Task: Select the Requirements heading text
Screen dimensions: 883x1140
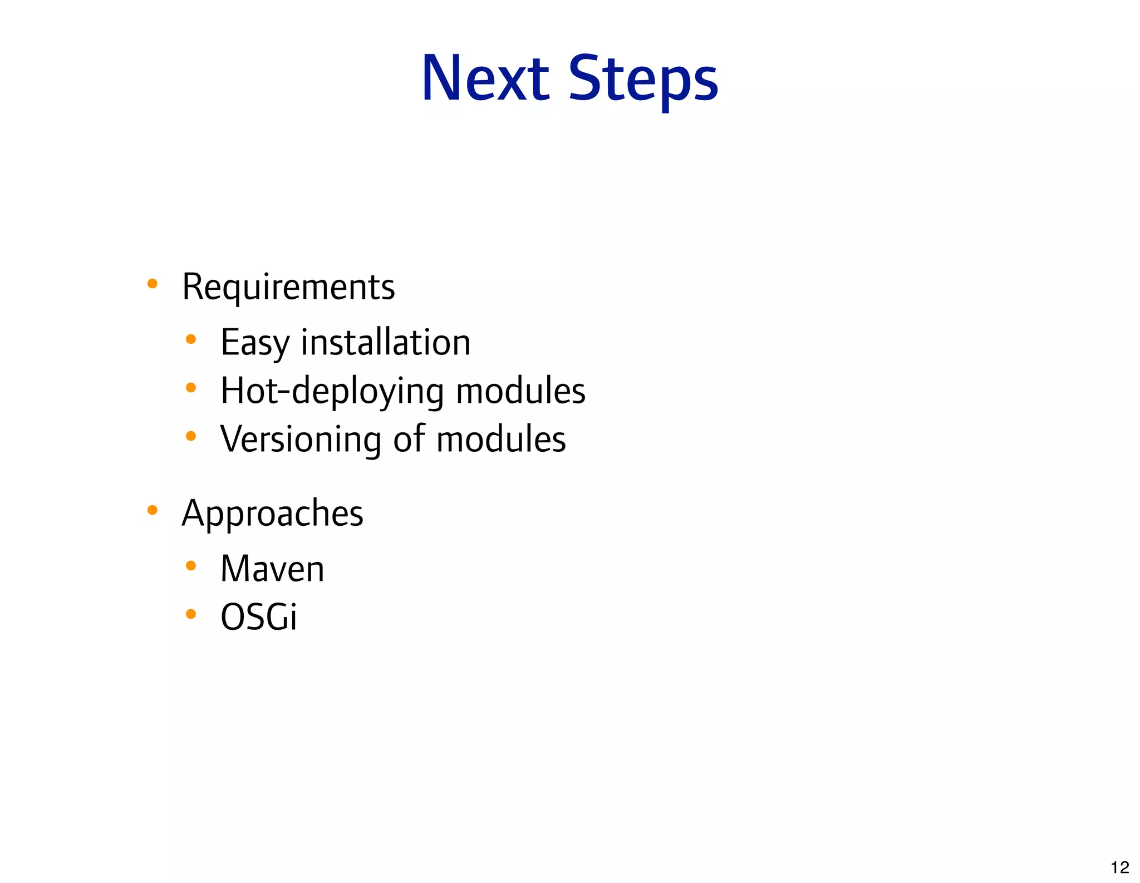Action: pyautogui.click(x=288, y=287)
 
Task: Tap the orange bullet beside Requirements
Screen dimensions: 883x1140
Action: pyautogui.click(x=152, y=284)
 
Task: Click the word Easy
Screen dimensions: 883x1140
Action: pyautogui.click(x=255, y=342)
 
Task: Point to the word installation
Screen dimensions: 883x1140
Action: pyautogui.click(x=386, y=342)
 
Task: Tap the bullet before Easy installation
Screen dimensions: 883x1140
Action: pyautogui.click(x=191, y=339)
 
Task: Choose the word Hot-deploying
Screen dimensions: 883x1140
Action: pyautogui.click(x=332, y=391)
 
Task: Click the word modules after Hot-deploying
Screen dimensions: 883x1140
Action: pyautogui.click(x=520, y=391)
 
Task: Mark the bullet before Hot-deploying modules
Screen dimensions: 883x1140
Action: pyautogui.click(x=191, y=387)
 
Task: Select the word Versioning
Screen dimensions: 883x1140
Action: pyautogui.click(x=301, y=439)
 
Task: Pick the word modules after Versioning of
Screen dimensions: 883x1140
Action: pyautogui.click(x=501, y=439)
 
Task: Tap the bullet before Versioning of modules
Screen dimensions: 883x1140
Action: pyautogui.click(x=191, y=436)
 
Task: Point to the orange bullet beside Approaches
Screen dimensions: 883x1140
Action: pyautogui.click(x=152, y=510)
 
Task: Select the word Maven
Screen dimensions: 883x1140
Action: pyautogui.click(x=272, y=569)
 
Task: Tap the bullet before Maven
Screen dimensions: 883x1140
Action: pyautogui.click(x=191, y=566)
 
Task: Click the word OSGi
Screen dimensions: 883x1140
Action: pyautogui.click(x=259, y=617)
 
